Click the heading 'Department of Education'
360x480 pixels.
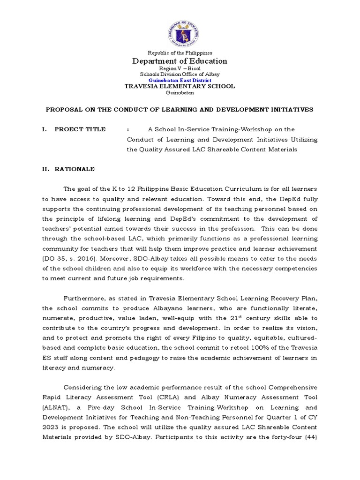coord(180,61)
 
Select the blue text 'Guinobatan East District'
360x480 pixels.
coord(180,80)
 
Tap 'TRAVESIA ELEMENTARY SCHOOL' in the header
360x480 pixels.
coord(180,86)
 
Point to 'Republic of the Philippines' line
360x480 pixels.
coord(180,53)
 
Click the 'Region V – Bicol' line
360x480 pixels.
coord(180,69)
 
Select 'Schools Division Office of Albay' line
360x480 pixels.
coord(180,75)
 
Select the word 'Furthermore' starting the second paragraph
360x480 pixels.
coord(83,298)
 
